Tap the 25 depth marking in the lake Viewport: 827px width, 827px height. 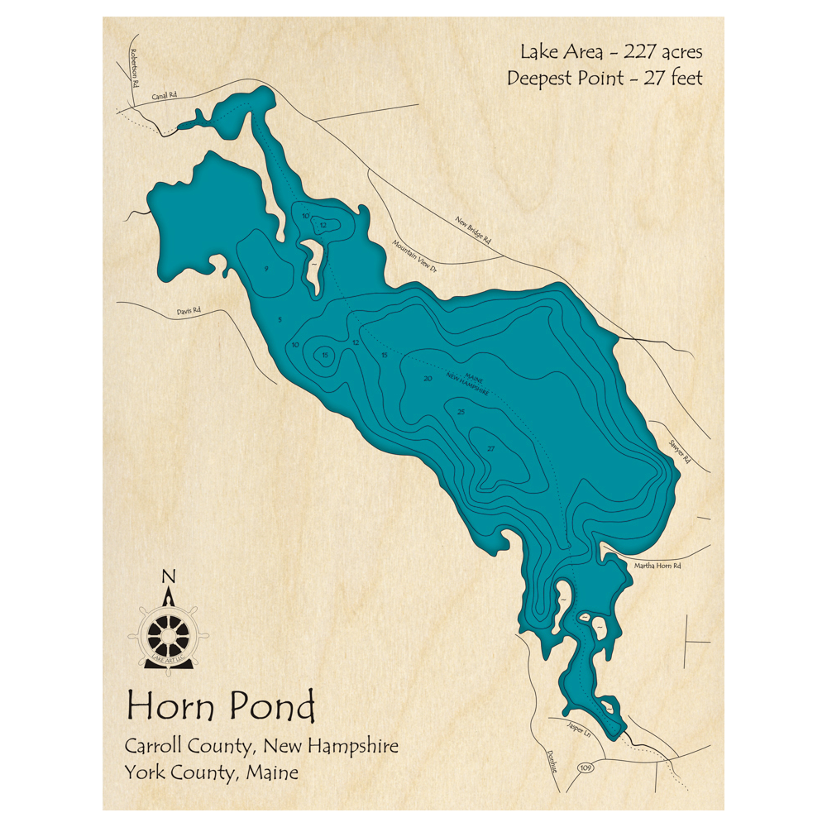coord(461,412)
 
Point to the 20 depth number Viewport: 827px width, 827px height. coord(428,379)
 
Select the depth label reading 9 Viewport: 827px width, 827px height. coord(266,269)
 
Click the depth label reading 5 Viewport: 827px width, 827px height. coord(280,320)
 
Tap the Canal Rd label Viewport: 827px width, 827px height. coord(165,96)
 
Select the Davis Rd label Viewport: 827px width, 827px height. coord(189,312)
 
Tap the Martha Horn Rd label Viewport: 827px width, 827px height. coord(657,566)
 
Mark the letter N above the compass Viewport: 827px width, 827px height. coord(169,577)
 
